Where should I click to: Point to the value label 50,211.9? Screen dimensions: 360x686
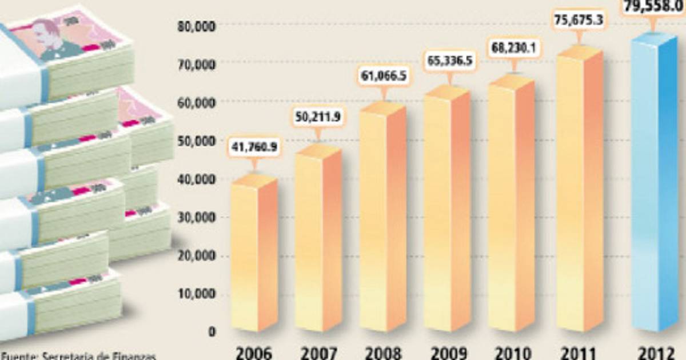[x=318, y=118]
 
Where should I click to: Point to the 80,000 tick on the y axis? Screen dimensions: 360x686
[x=196, y=25]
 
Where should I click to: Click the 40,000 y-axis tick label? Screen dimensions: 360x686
[x=196, y=179]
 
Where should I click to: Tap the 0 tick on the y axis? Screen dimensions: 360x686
[x=213, y=332]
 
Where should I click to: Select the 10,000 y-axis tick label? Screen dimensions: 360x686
[x=196, y=294]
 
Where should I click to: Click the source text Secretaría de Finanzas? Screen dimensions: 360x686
[x=97, y=356]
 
